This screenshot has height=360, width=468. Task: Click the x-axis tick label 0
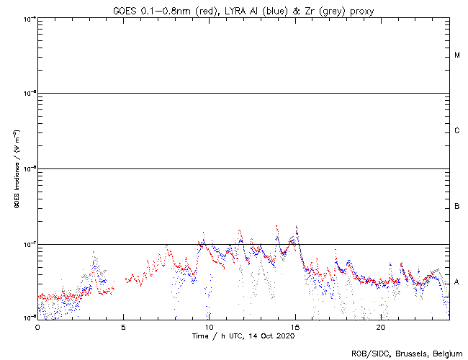(x=37, y=326)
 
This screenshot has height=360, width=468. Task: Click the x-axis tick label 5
(x=123, y=326)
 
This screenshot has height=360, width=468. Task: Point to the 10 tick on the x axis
(x=209, y=326)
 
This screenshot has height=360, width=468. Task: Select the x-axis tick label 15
(x=294, y=326)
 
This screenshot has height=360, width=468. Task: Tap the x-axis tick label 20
(x=380, y=326)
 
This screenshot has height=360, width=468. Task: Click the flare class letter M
(x=457, y=55)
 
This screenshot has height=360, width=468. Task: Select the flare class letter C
(x=457, y=131)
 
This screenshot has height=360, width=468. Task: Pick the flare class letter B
(x=457, y=207)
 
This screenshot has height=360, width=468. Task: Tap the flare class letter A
(x=457, y=282)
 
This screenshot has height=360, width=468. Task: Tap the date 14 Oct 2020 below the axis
(x=273, y=336)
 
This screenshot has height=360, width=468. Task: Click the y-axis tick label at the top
(x=26, y=18)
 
